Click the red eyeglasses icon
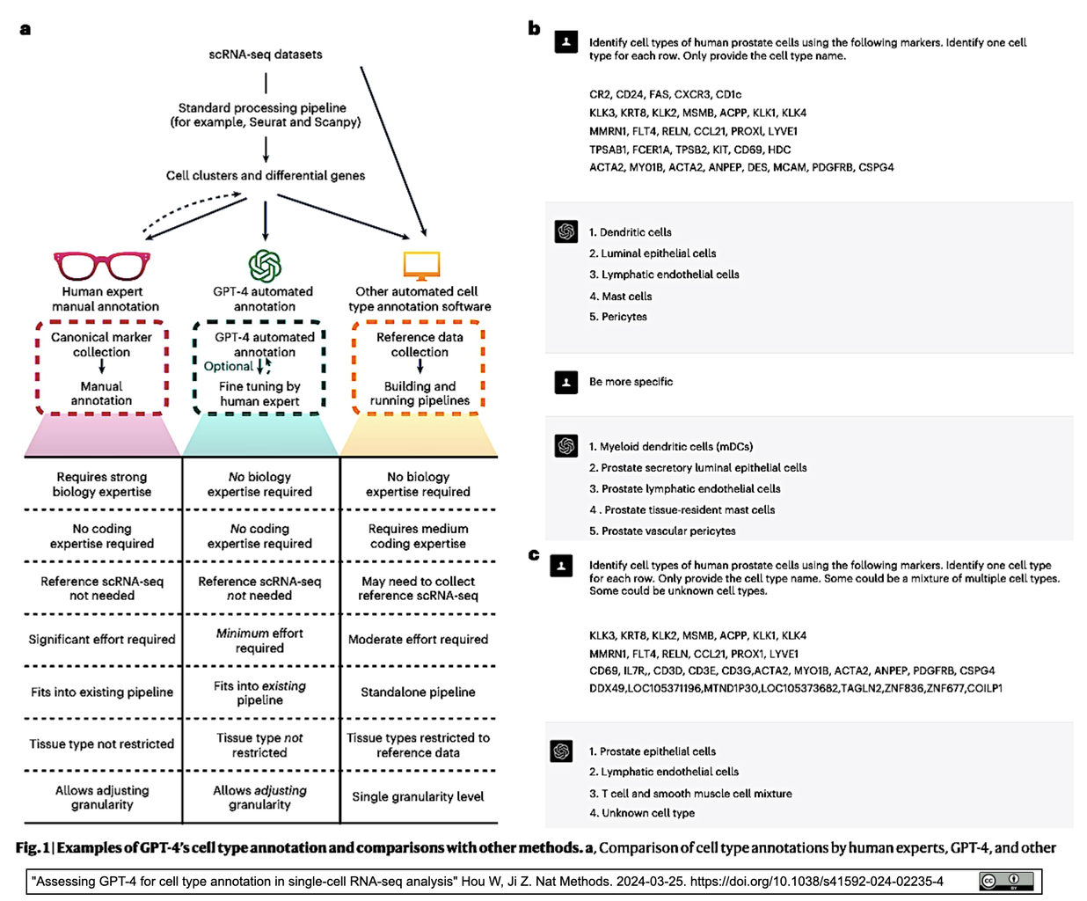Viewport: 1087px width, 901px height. [102, 265]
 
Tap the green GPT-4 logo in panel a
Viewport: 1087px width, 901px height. [265, 266]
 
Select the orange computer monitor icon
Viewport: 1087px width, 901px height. [421, 265]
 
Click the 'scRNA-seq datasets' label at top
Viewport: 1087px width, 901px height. [266, 55]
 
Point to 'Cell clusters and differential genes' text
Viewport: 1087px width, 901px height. [266, 175]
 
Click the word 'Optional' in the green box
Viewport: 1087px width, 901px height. [228, 366]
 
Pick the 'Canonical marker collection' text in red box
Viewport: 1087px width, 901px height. [101, 344]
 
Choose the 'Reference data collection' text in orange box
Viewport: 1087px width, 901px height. [419, 344]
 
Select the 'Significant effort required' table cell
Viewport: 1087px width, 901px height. [102, 640]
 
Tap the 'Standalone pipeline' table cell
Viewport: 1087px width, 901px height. [418, 692]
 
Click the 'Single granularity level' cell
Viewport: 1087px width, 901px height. [418, 796]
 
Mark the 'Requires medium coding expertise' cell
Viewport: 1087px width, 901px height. [418, 536]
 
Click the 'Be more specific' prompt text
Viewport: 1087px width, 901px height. [631, 382]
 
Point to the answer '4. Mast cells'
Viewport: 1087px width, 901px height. [621, 297]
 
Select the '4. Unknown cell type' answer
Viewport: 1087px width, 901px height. [642, 813]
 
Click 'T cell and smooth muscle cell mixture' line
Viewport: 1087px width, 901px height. [690, 794]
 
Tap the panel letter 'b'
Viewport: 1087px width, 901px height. [534, 28]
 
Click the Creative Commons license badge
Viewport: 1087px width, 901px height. [1006, 881]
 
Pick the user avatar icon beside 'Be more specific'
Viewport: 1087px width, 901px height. [566, 382]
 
